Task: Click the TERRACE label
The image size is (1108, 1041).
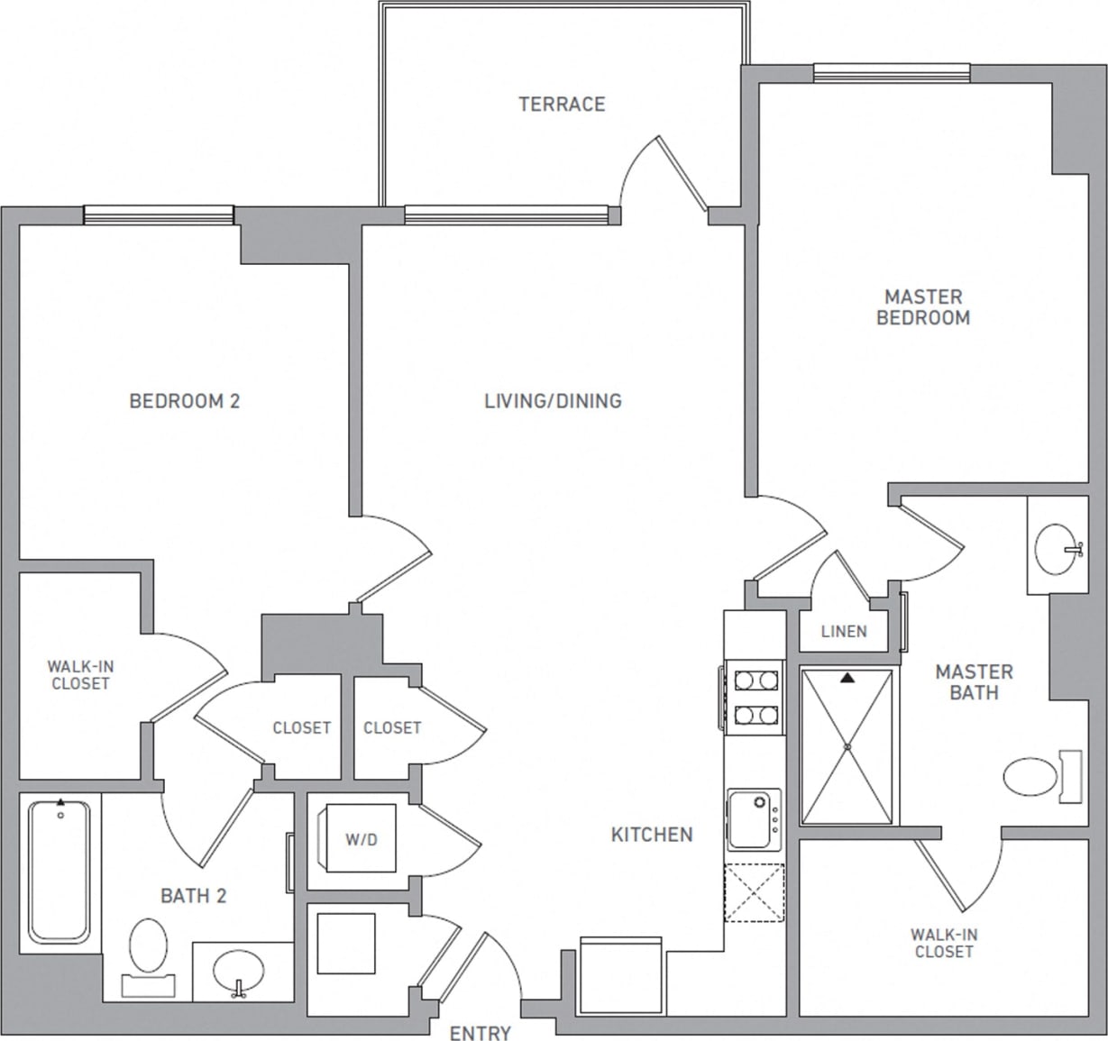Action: pos(562,105)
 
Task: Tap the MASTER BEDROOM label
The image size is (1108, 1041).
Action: pos(923,307)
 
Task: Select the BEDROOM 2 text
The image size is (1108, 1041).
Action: pos(185,401)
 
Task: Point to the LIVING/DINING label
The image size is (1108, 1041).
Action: pos(553,401)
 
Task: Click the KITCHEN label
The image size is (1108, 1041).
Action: pos(652,835)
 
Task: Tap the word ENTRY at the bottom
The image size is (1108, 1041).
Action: pos(480,1033)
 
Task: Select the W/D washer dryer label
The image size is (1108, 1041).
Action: pos(362,840)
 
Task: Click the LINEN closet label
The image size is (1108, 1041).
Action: pos(844,632)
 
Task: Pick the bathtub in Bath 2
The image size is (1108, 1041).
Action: pos(60,872)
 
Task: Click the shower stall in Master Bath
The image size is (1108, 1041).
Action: pos(847,746)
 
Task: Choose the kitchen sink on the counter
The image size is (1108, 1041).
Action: pos(754,818)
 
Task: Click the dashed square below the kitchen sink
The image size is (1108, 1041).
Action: pos(755,892)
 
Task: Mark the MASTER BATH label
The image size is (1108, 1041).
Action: pos(974,682)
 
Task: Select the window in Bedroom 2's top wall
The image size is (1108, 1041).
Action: pos(159,215)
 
